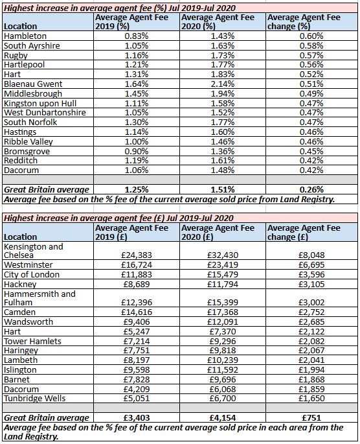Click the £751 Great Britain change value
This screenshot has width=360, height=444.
point(312,417)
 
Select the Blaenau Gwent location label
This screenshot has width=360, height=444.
point(32,84)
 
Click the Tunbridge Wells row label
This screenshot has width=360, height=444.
point(36,399)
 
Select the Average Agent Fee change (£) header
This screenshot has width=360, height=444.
point(304,232)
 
